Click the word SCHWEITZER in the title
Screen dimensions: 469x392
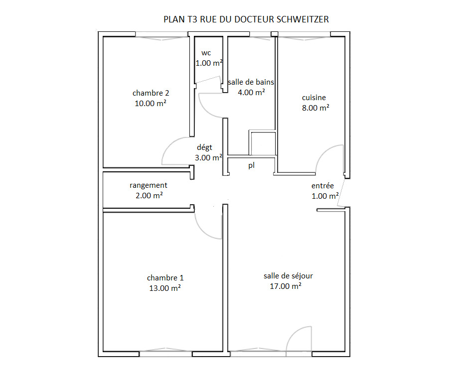point(303,19)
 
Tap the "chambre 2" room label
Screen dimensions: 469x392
point(151,93)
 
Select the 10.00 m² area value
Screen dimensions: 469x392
point(151,103)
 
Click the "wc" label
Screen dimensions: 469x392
point(206,53)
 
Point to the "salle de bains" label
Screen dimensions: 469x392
point(251,82)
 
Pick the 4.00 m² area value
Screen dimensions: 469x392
point(251,92)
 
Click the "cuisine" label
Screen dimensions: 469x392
point(314,98)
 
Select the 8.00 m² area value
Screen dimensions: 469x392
point(315,108)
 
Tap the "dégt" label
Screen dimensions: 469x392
point(204,147)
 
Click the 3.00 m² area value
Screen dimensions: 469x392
point(208,157)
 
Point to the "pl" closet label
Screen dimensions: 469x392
point(251,165)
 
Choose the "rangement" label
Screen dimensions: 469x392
point(149,185)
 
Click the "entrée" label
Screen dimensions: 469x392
point(322,186)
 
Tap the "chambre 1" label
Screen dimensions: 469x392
point(165,278)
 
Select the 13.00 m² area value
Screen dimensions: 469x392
point(165,288)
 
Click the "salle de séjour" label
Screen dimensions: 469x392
point(288,275)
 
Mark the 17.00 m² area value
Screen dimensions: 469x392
point(286,286)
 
